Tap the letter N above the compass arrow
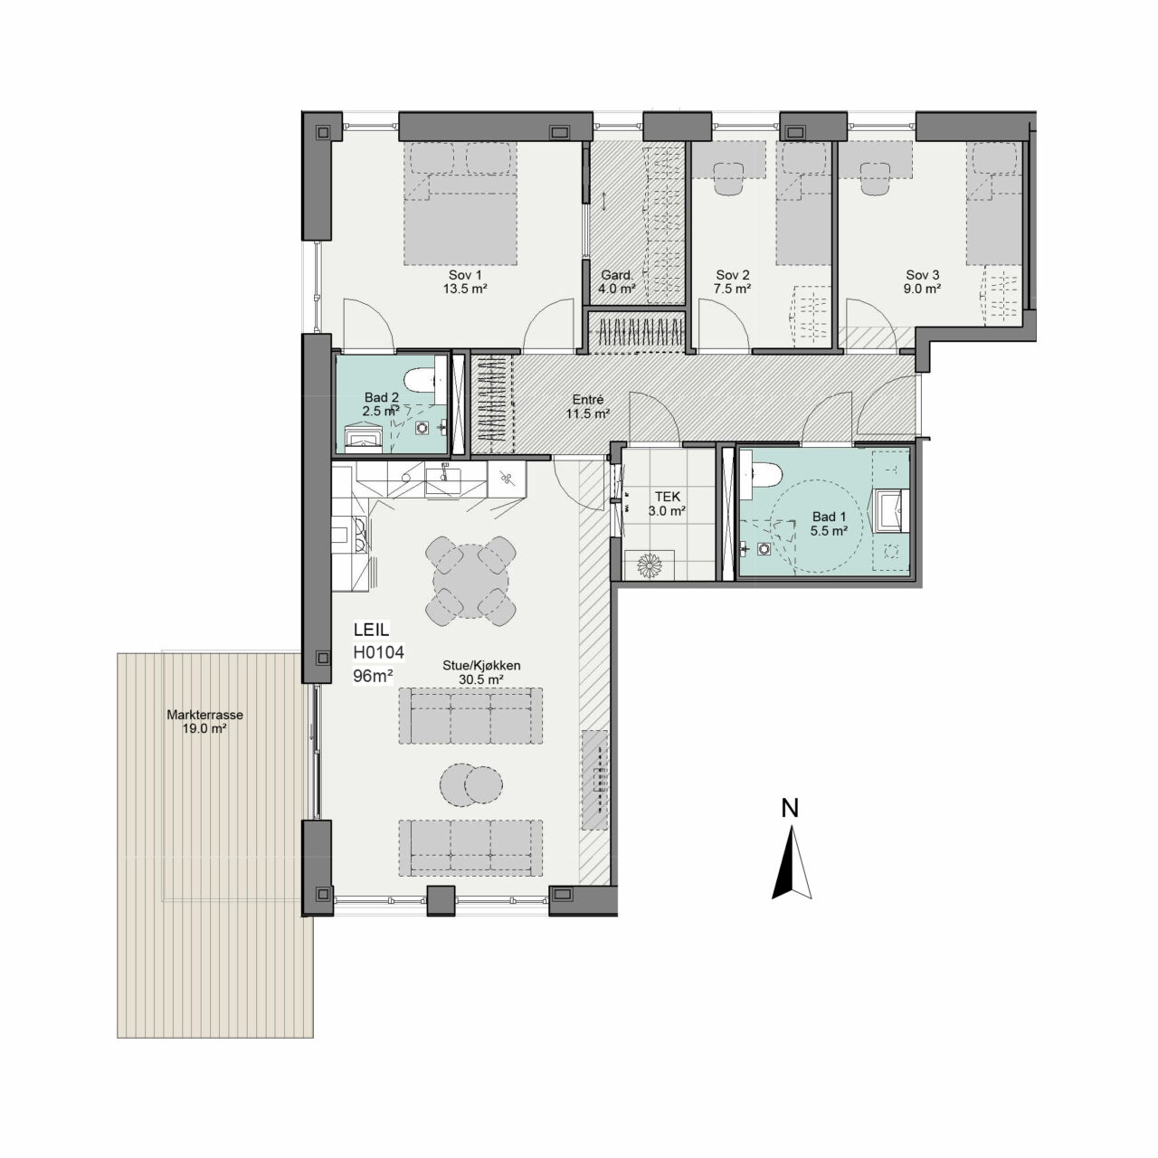(790, 808)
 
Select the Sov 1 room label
(465, 275)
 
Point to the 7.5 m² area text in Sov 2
(733, 289)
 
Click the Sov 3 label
(923, 275)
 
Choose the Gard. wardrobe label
(617, 275)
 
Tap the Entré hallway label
(588, 400)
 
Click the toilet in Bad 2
(420, 380)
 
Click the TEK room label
(668, 497)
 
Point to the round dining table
(470, 581)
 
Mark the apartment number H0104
(378, 652)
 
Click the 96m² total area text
(373, 676)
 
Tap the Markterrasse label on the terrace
(205, 715)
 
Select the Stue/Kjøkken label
(481, 666)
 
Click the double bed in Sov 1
(460, 204)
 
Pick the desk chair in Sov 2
(729, 179)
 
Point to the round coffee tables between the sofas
(471, 784)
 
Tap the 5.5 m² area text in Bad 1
(829, 531)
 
